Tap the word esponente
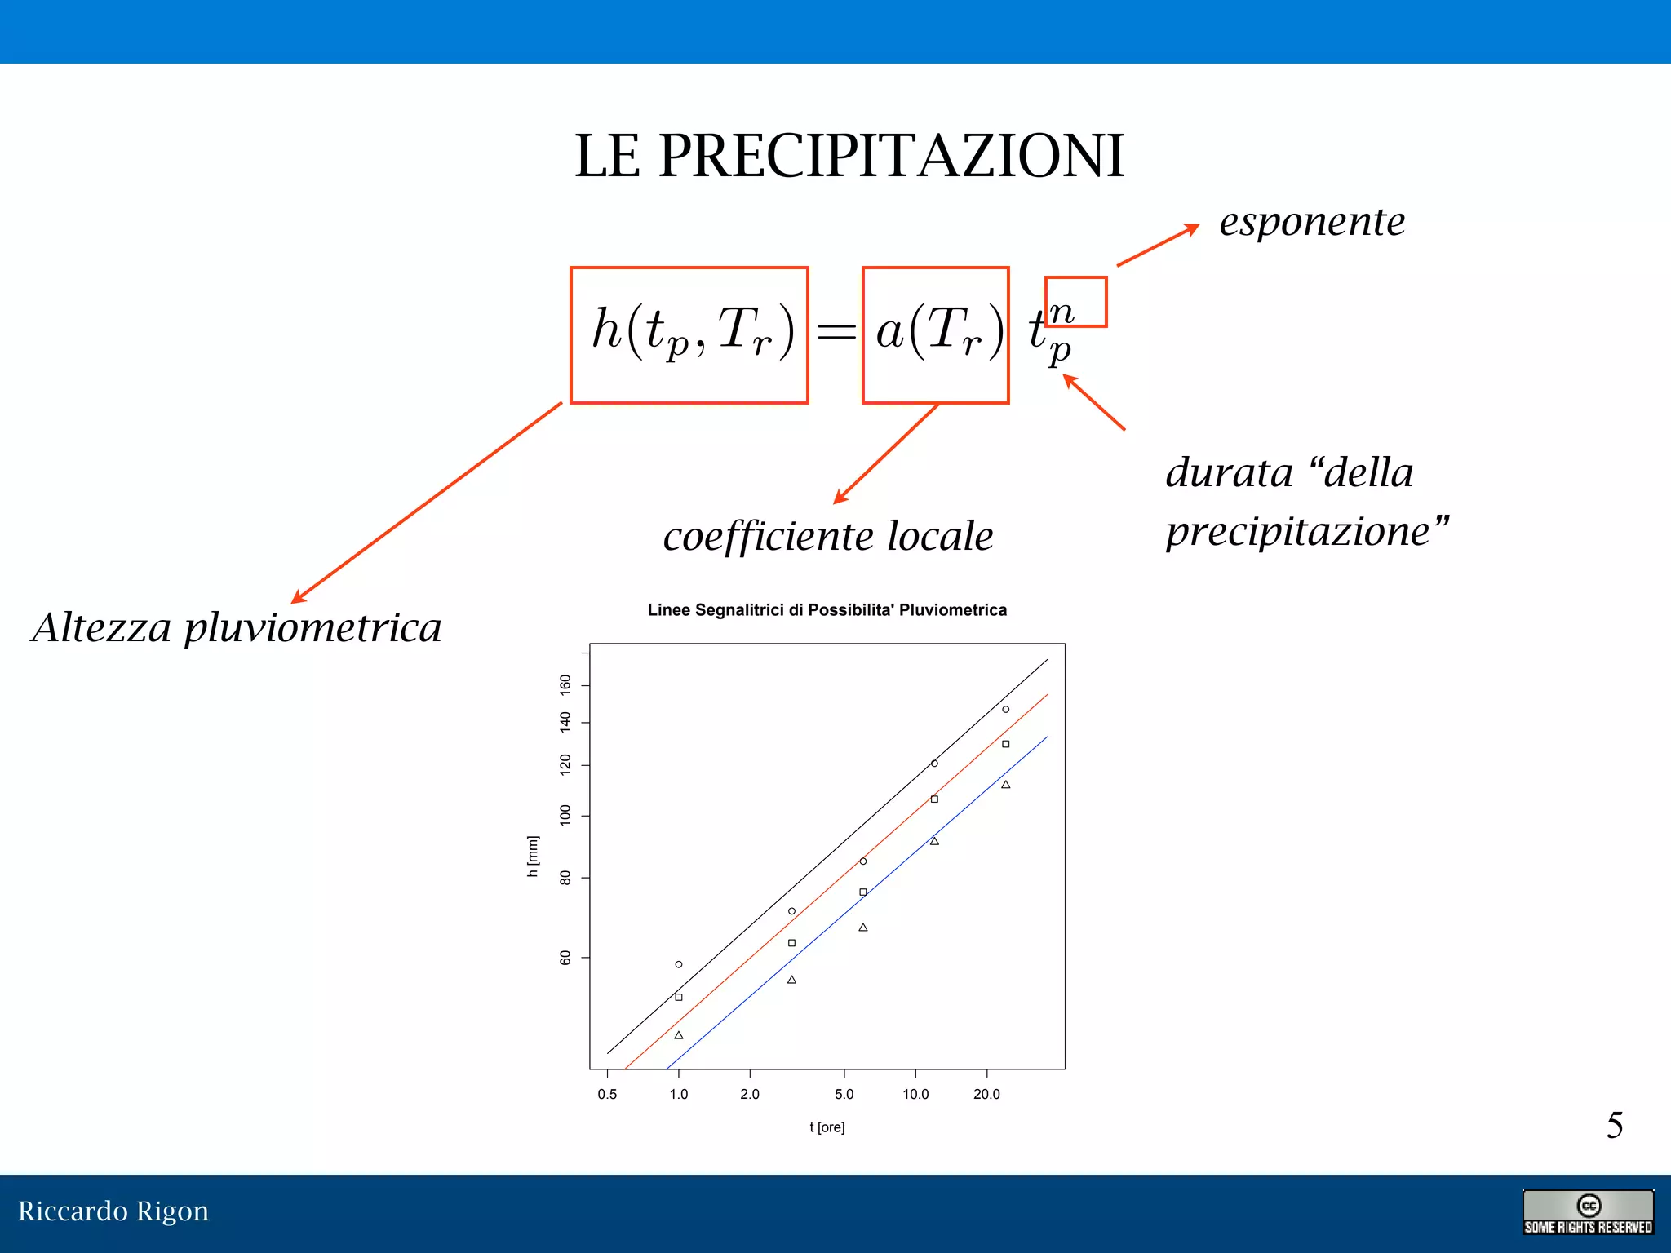(x=1312, y=222)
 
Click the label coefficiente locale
(x=828, y=537)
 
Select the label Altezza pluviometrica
(x=237, y=627)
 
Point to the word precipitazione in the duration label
(x=1297, y=532)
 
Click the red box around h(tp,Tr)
(x=689, y=334)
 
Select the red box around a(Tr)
(x=935, y=334)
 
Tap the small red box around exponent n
(x=1075, y=302)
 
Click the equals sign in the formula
(x=836, y=331)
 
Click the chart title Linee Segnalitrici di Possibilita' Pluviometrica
(x=827, y=610)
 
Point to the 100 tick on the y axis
(x=565, y=815)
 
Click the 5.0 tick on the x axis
(x=844, y=1094)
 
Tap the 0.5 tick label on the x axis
(x=607, y=1094)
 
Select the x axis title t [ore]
(x=827, y=1127)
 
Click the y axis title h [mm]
(x=533, y=856)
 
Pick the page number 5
(x=1614, y=1126)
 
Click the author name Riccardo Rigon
(x=113, y=1211)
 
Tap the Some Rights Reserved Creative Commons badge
(x=1587, y=1212)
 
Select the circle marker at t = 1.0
(x=678, y=964)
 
